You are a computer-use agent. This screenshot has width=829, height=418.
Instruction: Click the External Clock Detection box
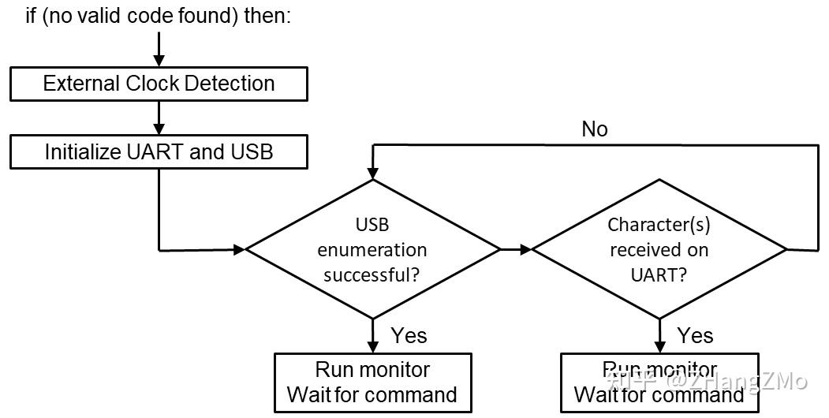(x=159, y=84)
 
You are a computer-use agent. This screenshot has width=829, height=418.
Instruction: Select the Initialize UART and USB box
(x=159, y=151)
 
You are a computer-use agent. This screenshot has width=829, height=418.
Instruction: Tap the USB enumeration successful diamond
(x=373, y=249)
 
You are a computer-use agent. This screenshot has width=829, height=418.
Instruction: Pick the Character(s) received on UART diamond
(x=659, y=249)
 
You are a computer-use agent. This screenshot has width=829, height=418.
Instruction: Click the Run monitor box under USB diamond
(x=372, y=383)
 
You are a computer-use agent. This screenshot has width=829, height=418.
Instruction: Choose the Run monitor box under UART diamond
(x=659, y=383)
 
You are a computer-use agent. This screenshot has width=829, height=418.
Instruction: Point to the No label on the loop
(x=594, y=129)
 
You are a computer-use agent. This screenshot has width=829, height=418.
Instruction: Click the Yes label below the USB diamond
(x=409, y=335)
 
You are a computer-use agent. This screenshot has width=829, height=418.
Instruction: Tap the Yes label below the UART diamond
(x=695, y=335)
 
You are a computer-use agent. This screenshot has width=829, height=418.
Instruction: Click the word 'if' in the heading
(x=32, y=16)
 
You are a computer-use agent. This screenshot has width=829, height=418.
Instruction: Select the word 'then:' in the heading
(x=267, y=16)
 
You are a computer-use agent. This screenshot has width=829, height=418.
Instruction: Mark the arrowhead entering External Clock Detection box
(x=159, y=61)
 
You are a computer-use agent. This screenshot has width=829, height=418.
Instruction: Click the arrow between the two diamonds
(x=517, y=249)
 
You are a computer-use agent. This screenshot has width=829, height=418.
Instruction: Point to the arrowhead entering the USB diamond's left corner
(x=239, y=249)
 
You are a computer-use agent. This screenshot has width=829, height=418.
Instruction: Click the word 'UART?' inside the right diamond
(x=659, y=275)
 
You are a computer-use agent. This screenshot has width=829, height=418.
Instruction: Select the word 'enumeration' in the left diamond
(x=372, y=250)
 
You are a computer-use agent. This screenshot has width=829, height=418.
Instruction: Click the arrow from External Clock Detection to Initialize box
(x=159, y=118)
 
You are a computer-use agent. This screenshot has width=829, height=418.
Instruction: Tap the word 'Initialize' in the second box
(x=84, y=151)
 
